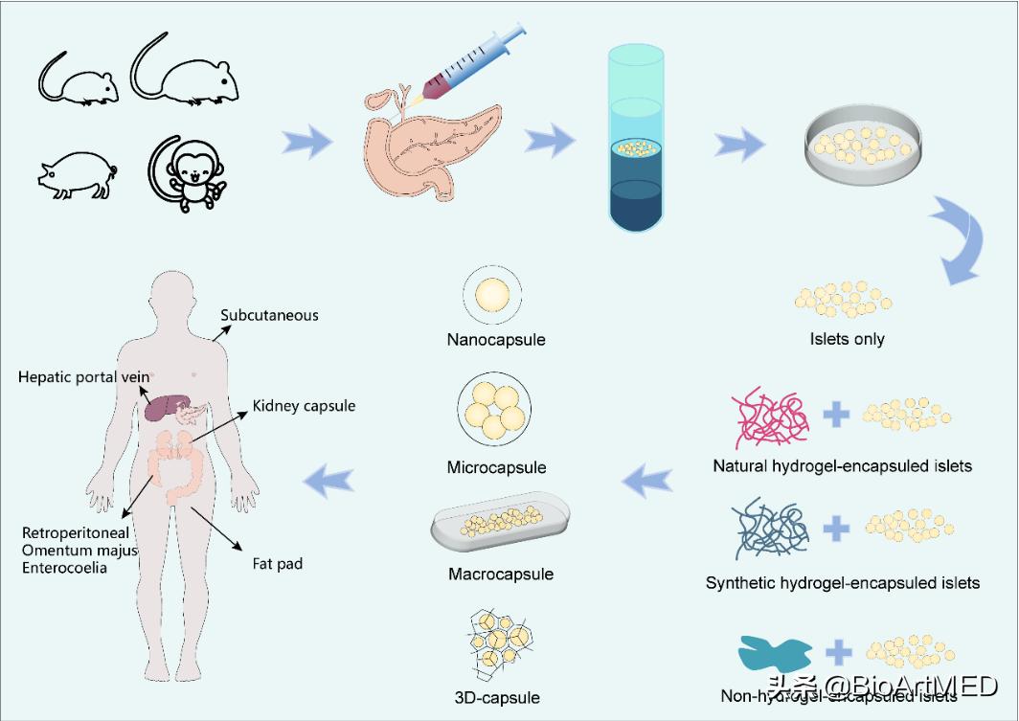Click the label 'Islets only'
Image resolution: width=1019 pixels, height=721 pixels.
pos(847,339)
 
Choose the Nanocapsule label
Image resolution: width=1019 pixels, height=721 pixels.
pos(495,340)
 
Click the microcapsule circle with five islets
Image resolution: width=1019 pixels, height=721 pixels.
pos(495,409)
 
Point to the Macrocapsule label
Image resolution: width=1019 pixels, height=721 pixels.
pos(500,575)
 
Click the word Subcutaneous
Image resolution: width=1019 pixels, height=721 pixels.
pos(269,315)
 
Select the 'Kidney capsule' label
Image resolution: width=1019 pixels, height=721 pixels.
pos(304,406)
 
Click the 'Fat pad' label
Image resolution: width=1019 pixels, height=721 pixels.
pos(277,564)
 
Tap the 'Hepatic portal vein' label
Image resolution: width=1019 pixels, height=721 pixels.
pos(84,377)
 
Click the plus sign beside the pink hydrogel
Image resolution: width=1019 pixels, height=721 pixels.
pos(836,416)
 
